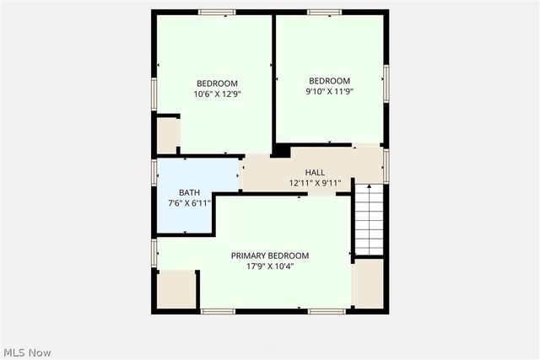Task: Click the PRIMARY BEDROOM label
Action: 270,255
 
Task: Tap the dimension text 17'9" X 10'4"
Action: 270,266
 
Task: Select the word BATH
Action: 189,193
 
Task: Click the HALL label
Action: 315,172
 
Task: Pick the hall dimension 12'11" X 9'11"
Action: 315,183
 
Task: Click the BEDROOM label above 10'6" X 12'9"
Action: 217,83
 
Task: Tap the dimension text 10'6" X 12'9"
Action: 217,94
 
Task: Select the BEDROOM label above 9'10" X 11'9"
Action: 329,82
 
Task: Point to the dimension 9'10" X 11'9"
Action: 329,93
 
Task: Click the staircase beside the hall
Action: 368,219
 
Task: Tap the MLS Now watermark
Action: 28,351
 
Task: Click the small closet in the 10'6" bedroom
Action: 167,136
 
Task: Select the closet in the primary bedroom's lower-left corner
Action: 176,290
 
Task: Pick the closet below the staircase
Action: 369,282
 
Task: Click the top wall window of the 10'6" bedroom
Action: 217,12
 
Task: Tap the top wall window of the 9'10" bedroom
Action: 324,12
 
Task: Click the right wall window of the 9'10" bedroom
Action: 386,80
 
